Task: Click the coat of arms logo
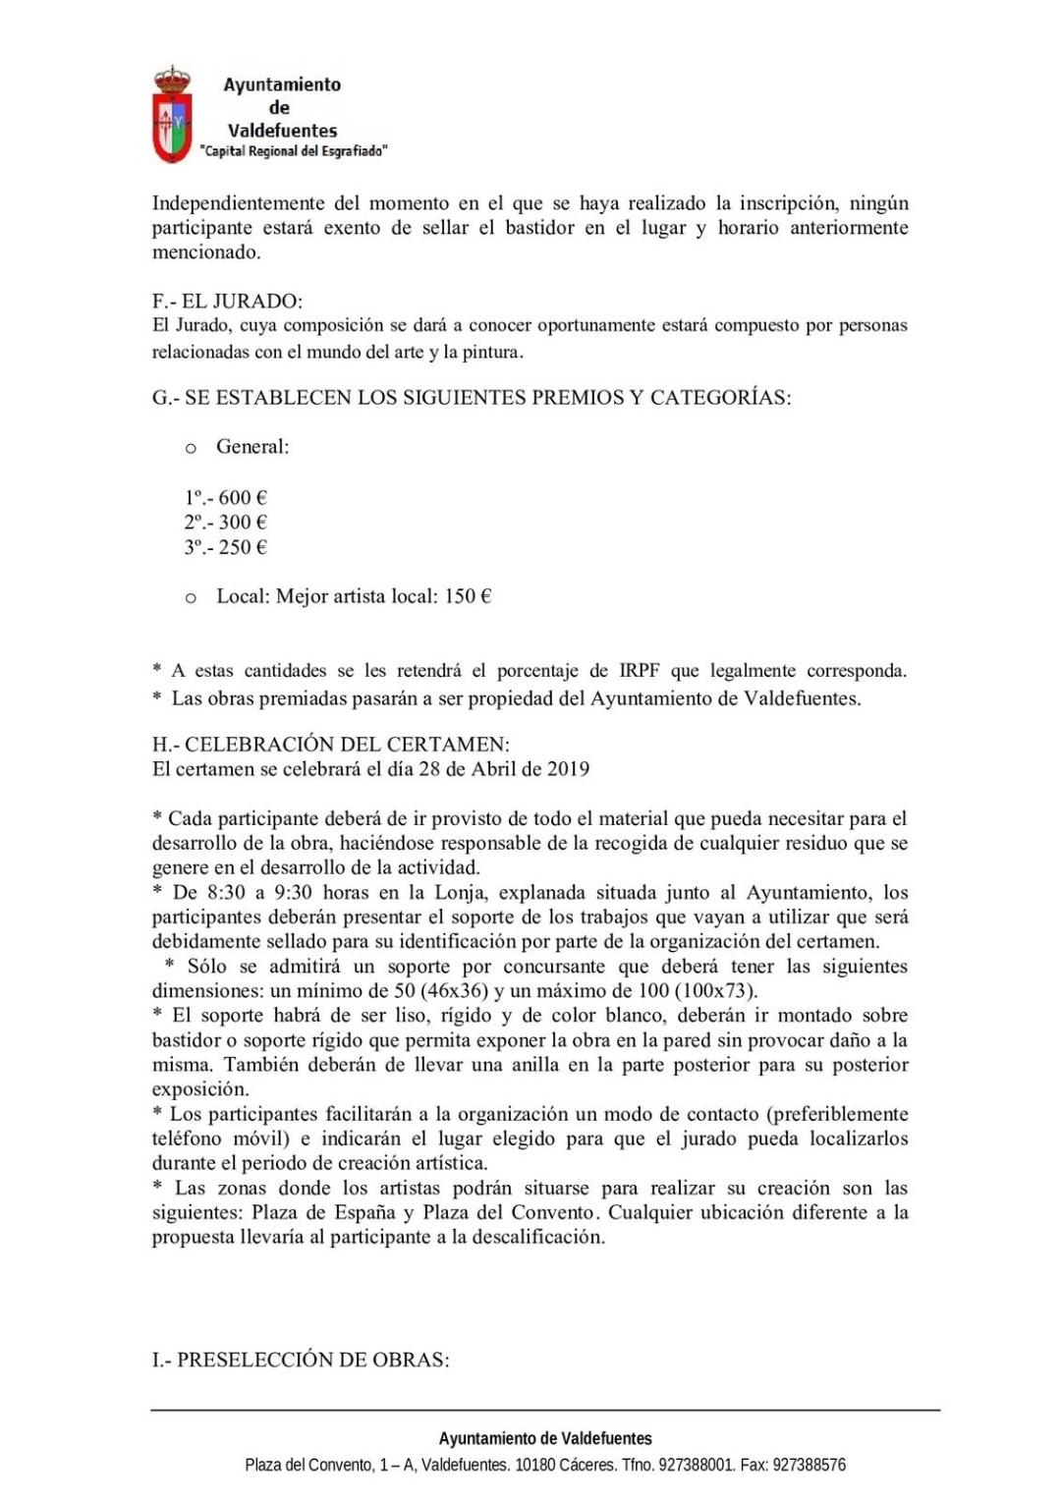pyautogui.click(x=172, y=115)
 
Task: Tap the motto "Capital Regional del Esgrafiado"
pyautogui.click(x=294, y=151)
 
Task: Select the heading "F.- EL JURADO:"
pyautogui.click(x=227, y=301)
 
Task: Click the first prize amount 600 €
pyautogui.click(x=243, y=497)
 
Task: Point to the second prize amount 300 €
pyautogui.click(x=243, y=522)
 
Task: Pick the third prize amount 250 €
pyautogui.click(x=243, y=547)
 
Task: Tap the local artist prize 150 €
pyautogui.click(x=468, y=596)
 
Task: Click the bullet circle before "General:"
pyautogui.click(x=191, y=449)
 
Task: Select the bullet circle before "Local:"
pyautogui.click(x=191, y=598)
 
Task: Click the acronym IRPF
pyautogui.click(x=640, y=671)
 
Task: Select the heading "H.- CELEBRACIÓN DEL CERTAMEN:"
pyautogui.click(x=331, y=744)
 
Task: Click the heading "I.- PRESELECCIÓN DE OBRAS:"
pyautogui.click(x=301, y=1360)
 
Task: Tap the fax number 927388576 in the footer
pyautogui.click(x=809, y=1465)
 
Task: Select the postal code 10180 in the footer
pyautogui.click(x=535, y=1465)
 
